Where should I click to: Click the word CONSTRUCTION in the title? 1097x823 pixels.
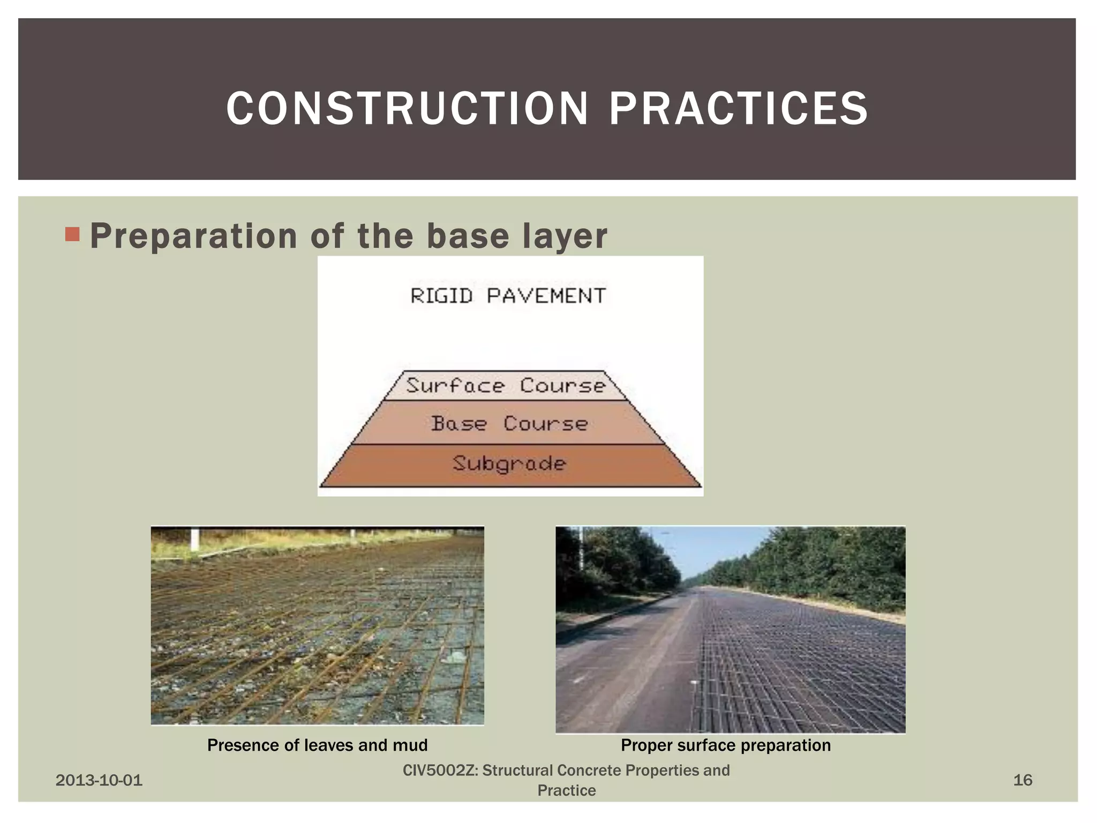tap(407, 109)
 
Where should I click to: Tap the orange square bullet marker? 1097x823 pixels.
tap(72, 234)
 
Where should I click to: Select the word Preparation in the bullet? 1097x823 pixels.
tap(193, 236)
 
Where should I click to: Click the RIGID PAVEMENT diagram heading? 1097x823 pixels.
tap(508, 296)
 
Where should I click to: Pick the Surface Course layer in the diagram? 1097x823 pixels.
tap(506, 386)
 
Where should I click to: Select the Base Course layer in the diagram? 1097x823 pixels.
tap(509, 424)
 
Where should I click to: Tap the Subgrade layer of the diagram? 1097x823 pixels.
tap(509, 465)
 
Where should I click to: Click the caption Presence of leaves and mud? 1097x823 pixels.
tap(317, 745)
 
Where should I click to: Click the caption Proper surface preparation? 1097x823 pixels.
tap(725, 745)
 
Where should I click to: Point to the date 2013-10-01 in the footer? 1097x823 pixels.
tap(99, 780)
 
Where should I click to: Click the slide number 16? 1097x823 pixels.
tap(1022, 780)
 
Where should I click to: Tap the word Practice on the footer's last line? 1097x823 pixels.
tap(566, 790)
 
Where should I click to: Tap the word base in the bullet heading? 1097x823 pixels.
tap(467, 236)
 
